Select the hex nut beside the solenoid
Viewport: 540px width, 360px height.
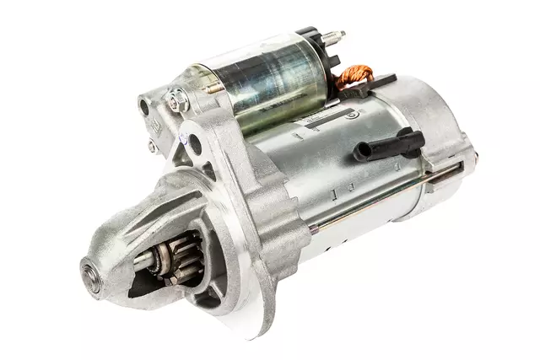[175, 103]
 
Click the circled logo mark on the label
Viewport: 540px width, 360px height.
[353, 111]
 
